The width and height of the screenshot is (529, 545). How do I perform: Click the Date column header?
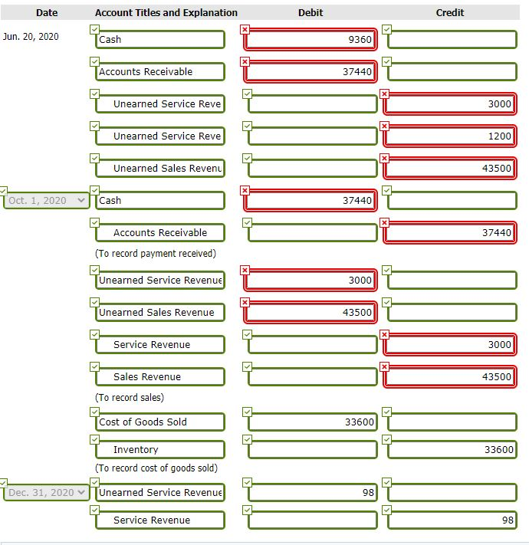point(46,12)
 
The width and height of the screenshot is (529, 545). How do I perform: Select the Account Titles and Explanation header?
point(166,12)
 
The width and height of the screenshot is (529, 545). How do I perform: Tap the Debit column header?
point(310,12)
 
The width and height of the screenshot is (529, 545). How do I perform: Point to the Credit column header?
point(450,12)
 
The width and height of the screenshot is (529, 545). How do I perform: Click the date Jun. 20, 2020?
point(31,37)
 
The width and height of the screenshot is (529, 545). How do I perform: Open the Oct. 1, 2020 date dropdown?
point(47,200)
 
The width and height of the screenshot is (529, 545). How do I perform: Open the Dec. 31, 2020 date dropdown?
point(47,492)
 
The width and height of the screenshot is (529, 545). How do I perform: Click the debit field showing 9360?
point(310,39)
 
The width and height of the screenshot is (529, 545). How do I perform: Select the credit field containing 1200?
point(451,136)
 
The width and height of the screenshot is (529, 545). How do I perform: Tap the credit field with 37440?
point(451,232)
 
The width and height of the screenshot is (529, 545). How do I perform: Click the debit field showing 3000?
point(310,280)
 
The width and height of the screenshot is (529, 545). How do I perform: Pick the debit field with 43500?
point(310,312)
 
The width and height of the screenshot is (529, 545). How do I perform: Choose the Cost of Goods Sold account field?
point(159,422)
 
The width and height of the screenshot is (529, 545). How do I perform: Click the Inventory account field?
point(159,449)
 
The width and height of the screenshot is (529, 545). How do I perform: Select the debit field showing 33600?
point(310,422)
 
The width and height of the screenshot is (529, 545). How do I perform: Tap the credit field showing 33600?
point(451,449)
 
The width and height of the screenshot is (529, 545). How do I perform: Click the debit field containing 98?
point(310,492)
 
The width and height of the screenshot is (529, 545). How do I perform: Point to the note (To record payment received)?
point(156,253)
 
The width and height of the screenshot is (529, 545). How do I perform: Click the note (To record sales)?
point(130,397)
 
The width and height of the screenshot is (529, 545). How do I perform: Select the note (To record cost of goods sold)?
point(156,468)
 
